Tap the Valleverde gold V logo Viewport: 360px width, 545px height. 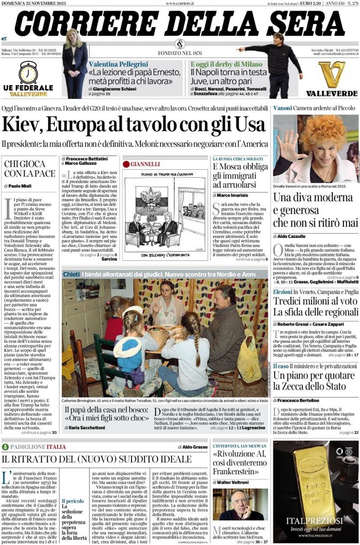pyautogui.click(x=331, y=75)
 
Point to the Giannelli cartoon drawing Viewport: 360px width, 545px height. pyautogui.click(x=166, y=214)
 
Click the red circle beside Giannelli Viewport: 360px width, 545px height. pyautogui.click(x=127, y=164)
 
